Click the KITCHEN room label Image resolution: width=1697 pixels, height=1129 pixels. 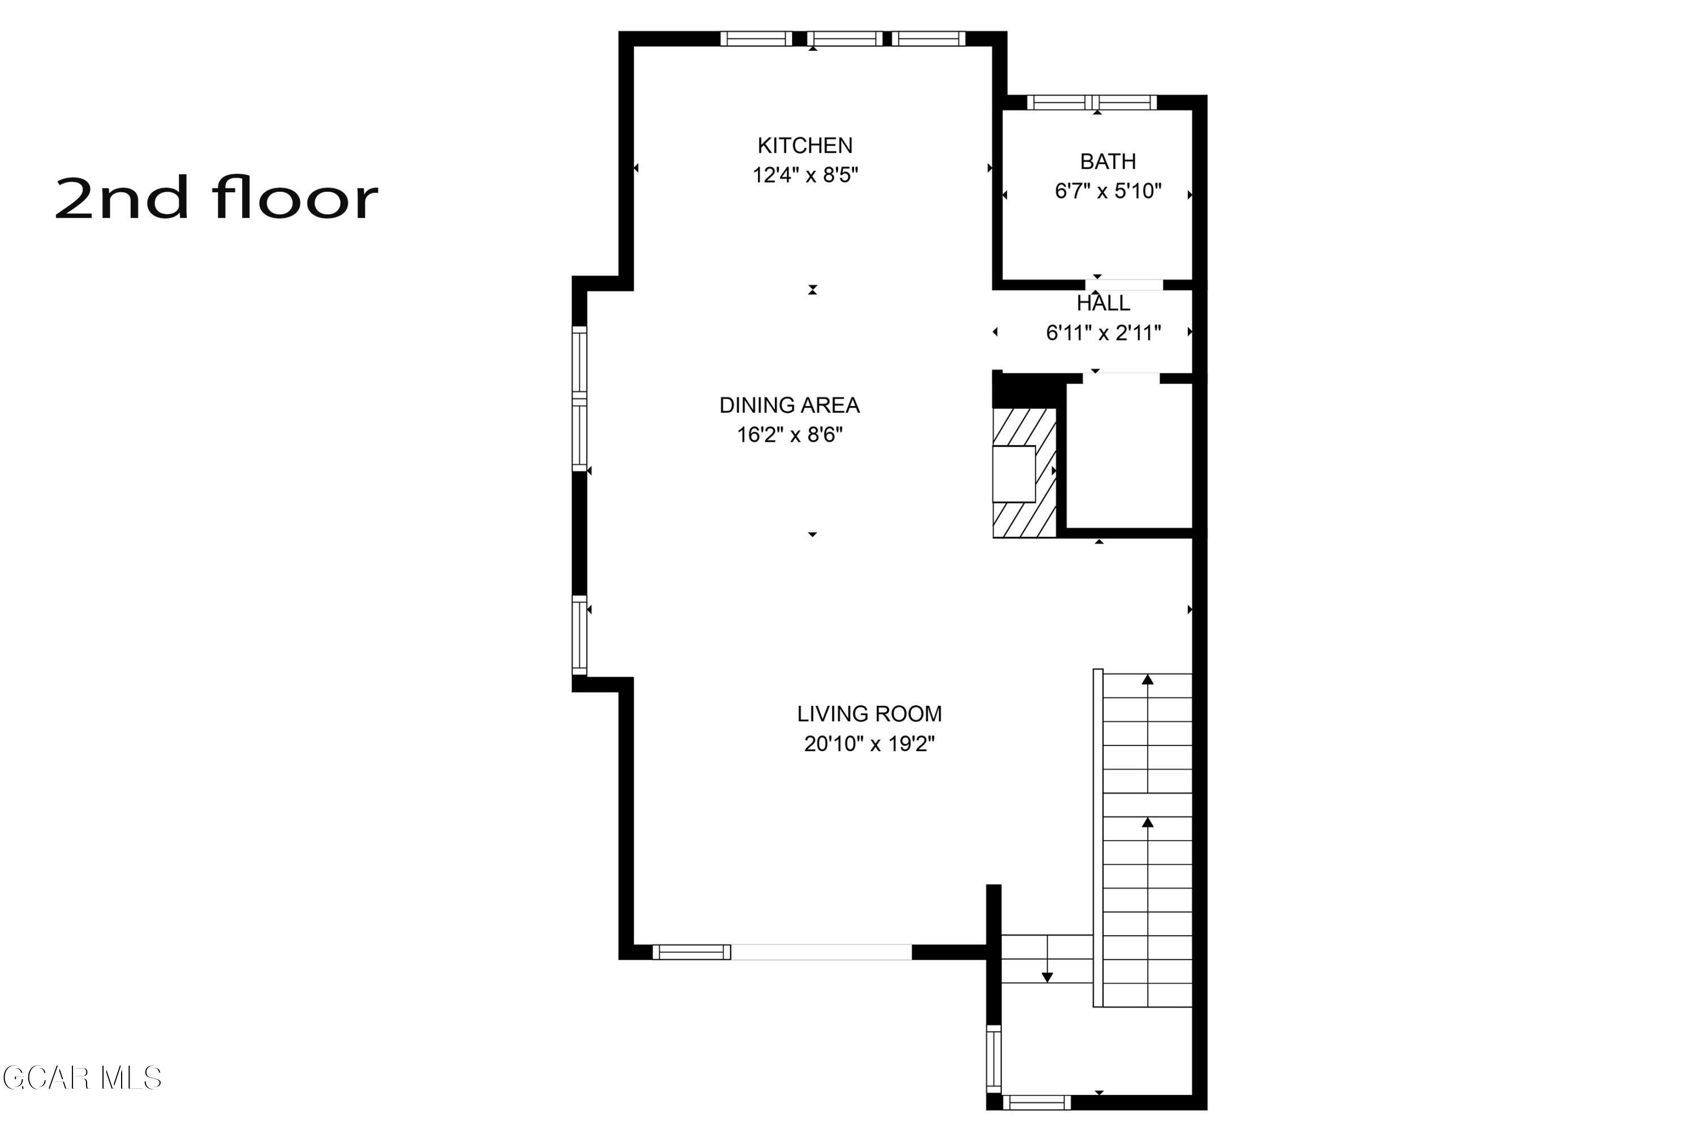804,145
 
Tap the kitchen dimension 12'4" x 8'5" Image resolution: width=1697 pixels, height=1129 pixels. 805,175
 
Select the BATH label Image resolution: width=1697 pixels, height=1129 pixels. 1108,161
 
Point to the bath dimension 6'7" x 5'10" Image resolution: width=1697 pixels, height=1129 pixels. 1108,191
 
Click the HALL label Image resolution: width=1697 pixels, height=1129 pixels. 1102,303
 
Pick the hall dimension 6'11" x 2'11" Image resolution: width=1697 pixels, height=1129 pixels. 1102,333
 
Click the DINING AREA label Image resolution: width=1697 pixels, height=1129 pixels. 789,406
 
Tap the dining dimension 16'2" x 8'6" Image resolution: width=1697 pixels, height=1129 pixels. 789,435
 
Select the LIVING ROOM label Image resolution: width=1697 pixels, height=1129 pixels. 868,714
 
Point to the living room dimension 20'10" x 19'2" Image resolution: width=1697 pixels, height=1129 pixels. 868,743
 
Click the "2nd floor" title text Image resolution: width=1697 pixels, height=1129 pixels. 216,198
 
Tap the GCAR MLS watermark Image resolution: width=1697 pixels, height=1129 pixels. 81,1078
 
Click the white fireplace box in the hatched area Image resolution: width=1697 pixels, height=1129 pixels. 1013,474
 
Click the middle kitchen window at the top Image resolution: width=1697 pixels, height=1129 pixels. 844,39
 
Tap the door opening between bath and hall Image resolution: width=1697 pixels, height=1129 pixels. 1124,285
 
